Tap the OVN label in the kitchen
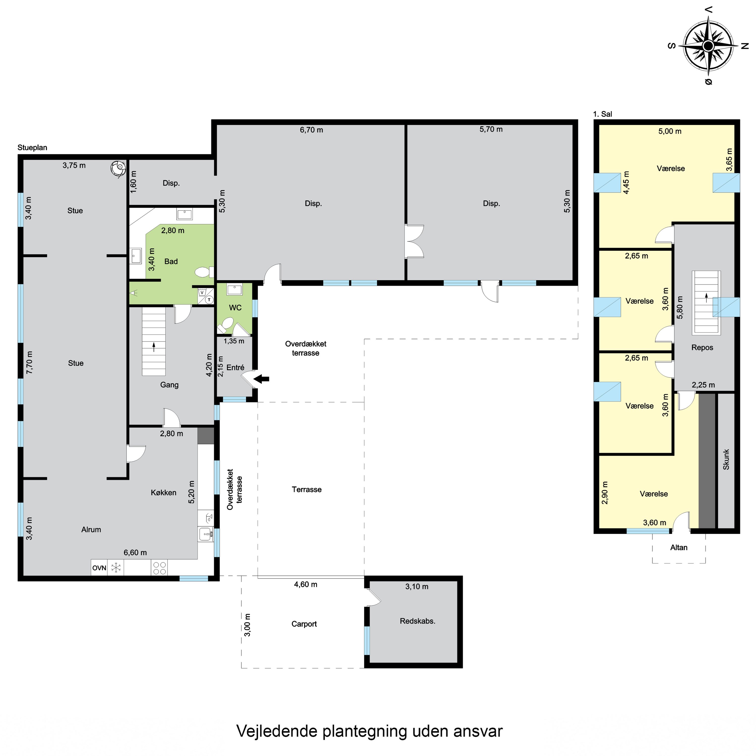[x=99, y=568]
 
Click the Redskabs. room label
[x=418, y=621]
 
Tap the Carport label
[x=304, y=624]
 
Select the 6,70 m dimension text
[x=311, y=130]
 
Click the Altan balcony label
[x=679, y=547]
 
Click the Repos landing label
[x=702, y=348]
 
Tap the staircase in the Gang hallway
[x=154, y=341]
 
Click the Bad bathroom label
[x=171, y=261]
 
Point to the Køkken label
[x=164, y=493]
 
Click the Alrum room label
[x=91, y=529]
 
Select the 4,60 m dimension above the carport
[x=306, y=585]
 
